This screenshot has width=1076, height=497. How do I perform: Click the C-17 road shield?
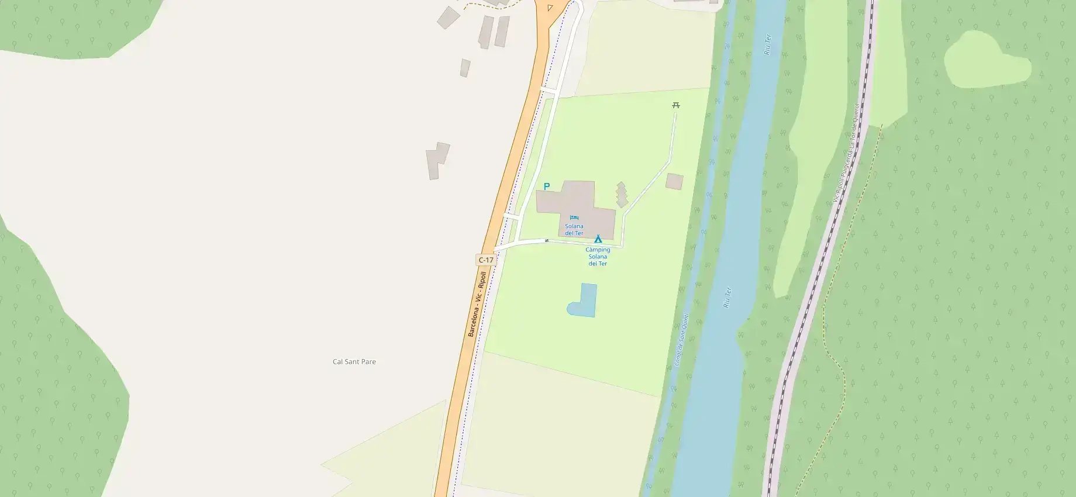click(x=486, y=260)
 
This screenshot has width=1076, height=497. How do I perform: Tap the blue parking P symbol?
click(x=547, y=187)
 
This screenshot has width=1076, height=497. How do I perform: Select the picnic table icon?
click(x=676, y=105)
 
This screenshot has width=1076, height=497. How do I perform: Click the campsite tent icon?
click(x=598, y=239)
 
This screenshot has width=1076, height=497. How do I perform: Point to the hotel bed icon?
click(x=574, y=218)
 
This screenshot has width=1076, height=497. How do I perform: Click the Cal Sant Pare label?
click(x=354, y=362)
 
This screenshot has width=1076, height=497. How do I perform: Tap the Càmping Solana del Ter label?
click(x=598, y=257)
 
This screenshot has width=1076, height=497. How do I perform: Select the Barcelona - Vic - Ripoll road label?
click(x=477, y=304)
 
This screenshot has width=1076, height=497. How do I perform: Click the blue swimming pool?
click(x=584, y=301)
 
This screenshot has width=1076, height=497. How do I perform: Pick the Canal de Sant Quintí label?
click(x=682, y=340)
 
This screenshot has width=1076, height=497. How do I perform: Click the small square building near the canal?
click(x=674, y=181)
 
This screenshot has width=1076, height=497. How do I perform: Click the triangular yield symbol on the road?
click(x=550, y=8)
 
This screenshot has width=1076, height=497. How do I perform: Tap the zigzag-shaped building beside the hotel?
click(x=622, y=195)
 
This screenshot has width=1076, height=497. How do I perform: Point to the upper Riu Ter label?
click(x=768, y=44)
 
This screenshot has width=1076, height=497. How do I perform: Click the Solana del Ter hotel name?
click(x=574, y=230)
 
